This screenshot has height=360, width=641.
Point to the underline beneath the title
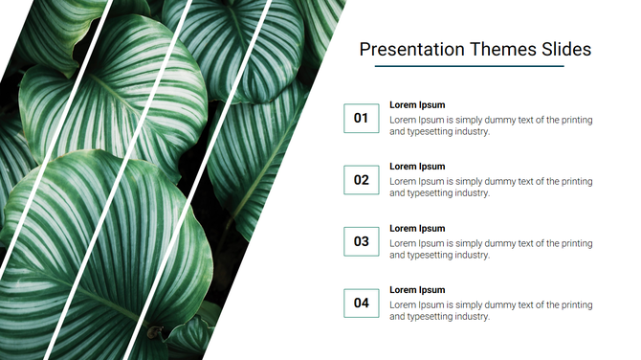(469, 67)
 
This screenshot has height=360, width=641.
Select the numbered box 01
(361, 118)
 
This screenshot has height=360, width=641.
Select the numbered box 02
(361, 180)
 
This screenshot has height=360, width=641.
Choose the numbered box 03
(361, 241)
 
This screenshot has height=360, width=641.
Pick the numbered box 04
(361, 304)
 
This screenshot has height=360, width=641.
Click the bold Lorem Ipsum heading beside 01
(417, 105)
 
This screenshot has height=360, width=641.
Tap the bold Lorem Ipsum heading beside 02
(417, 167)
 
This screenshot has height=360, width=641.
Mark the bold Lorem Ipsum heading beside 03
(417, 229)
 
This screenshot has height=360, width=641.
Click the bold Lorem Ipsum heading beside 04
(417, 290)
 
